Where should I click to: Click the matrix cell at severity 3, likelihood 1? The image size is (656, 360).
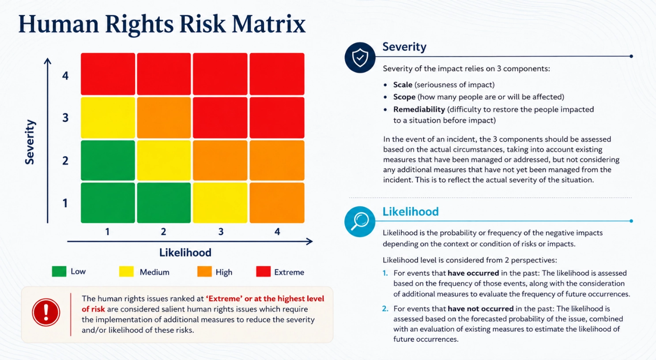click(108, 118)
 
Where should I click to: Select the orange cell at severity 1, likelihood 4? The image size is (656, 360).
click(277, 203)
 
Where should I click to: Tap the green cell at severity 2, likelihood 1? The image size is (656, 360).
click(108, 161)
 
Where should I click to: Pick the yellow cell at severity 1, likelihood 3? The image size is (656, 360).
click(220, 203)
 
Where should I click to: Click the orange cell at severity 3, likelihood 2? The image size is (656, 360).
click(164, 118)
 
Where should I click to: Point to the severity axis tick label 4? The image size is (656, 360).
click(65, 76)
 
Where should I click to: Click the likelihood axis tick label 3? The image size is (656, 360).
click(221, 232)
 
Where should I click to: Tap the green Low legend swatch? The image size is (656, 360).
click(59, 271)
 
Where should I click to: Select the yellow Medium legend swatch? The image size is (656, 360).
click(127, 271)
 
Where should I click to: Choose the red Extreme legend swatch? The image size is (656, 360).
click(263, 271)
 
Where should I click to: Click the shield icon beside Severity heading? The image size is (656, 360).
click(360, 57)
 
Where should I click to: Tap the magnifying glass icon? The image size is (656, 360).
click(360, 221)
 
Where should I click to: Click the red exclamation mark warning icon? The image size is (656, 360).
click(46, 312)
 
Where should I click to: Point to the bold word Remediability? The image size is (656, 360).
click(419, 109)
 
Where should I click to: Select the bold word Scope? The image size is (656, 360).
click(404, 97)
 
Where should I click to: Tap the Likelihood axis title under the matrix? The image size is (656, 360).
click(185, 253)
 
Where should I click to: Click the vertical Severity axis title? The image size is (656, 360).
click(30, 142)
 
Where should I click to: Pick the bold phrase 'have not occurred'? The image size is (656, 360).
click(481, 309)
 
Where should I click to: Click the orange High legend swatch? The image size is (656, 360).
click(204, 271)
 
